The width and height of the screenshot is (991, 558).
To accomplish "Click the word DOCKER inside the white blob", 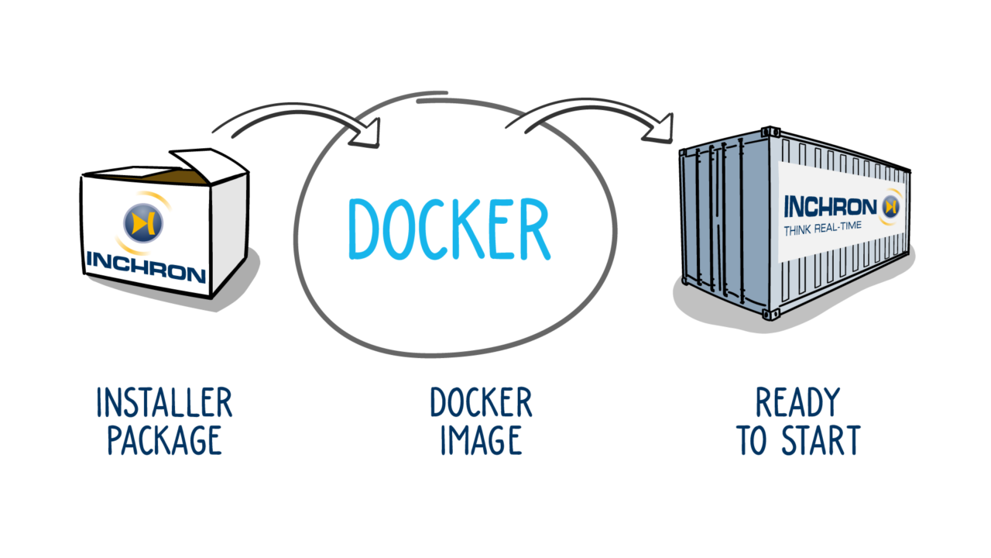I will pos(448,230).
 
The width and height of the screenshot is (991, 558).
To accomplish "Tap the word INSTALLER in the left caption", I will pos(164,403).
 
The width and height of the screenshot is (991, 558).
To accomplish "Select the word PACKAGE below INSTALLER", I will pos(164,439).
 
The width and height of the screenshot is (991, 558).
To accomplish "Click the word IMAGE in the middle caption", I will pos(481,439).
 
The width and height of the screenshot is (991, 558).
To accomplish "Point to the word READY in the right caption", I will pos(797,403).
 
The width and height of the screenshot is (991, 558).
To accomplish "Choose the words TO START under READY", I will pos(797,439).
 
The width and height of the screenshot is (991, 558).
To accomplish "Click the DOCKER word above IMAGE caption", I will pos(481,403).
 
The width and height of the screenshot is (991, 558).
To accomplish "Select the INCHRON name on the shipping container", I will pos(829,207).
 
